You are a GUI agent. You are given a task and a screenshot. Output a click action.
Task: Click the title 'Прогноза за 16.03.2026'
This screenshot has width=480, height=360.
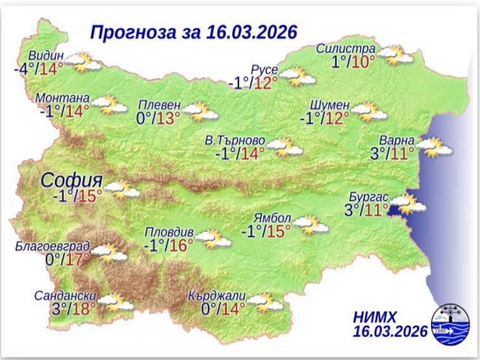tap(193, 32)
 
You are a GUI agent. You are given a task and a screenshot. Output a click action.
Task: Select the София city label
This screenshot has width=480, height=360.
tap(72, 180)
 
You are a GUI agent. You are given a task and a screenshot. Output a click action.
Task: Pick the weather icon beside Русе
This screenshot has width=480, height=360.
tap(298, 77)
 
